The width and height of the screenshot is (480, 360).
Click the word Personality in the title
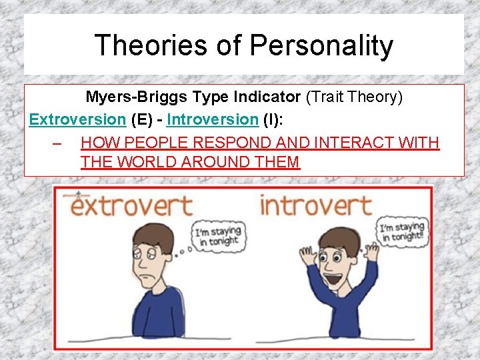(x=321, y=45)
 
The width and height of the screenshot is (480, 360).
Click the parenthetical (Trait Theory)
(x=354, y=97)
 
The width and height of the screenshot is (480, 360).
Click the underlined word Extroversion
(x=77, y=120)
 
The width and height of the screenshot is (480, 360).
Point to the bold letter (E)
(x=142, y=120)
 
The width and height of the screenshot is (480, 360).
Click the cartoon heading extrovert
(x=131, y=205)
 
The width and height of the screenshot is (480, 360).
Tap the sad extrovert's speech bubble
(x=217, y=237)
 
